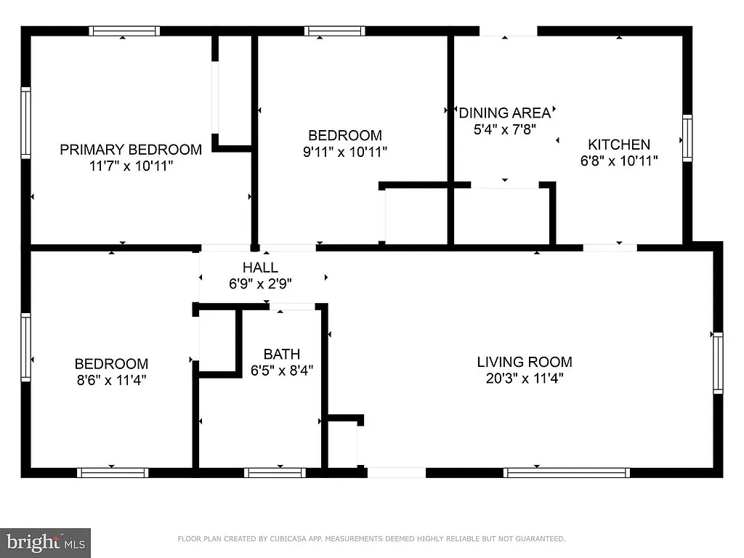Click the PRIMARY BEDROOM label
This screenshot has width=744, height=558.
131,150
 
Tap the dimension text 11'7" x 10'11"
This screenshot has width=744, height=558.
131,166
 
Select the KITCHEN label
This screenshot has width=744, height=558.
619,145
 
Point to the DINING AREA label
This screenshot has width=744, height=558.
504,113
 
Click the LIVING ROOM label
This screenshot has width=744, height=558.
525,362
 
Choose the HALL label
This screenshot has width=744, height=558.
260,268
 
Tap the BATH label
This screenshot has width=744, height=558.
282,355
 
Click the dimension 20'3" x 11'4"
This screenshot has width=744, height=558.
525,378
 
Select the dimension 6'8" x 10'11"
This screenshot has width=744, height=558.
619,161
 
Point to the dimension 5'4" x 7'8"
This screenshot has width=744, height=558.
504,129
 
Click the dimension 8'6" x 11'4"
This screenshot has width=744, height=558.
112,379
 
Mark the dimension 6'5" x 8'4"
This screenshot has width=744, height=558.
282,371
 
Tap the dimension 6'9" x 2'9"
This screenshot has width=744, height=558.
260,284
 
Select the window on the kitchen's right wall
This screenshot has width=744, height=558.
687,138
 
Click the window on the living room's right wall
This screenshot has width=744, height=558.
718,362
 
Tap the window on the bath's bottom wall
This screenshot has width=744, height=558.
275,473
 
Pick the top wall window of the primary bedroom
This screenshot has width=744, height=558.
124,31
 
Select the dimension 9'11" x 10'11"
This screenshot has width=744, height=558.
345,152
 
